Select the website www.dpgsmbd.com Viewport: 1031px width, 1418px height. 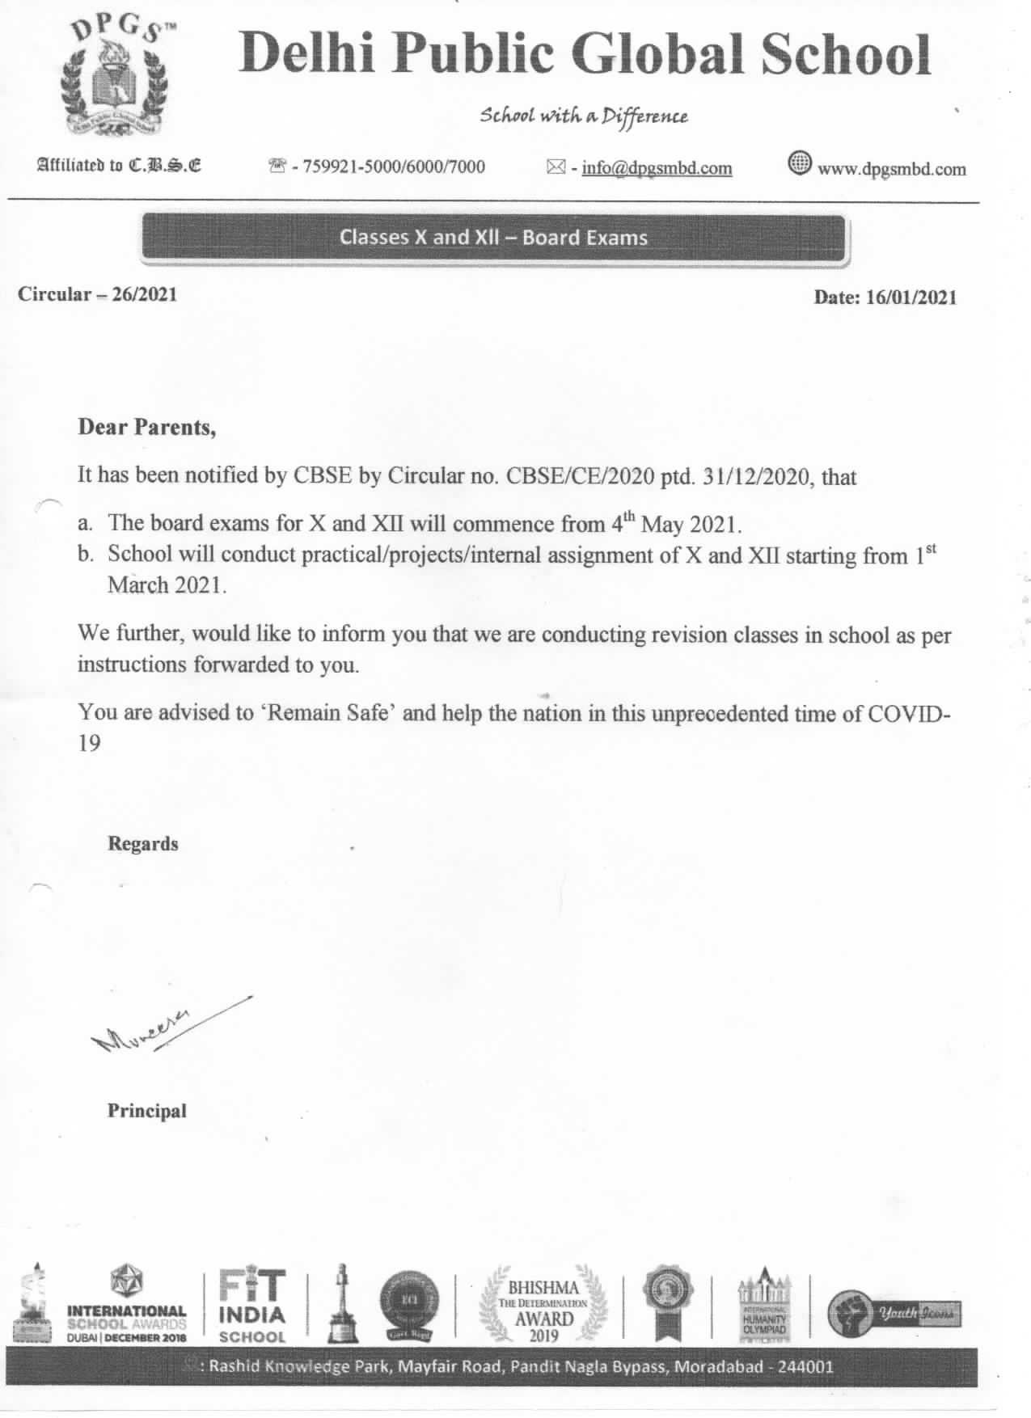pos(892,169)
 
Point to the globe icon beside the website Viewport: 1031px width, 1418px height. pos(799,165)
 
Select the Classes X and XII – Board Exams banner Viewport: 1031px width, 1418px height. pos(493,238)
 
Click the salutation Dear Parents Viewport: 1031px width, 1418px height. pos(146,427)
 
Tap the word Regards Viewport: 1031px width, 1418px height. pos(143,844)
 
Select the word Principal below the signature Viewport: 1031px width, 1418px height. pos(147,1111)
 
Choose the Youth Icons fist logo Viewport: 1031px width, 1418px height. pos(894,1314)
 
